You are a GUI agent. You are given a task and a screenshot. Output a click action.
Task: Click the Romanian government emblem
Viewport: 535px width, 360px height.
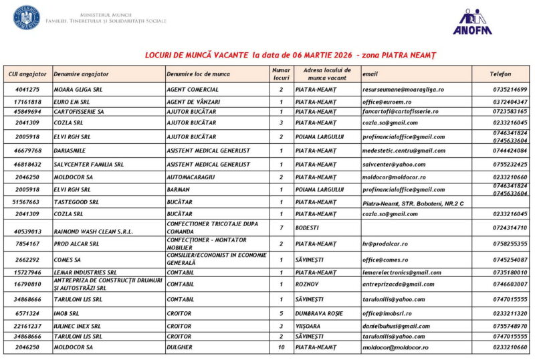click(x=27, y=17)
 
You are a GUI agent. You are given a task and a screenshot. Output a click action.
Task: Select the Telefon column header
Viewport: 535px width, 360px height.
click(x=500, y=74)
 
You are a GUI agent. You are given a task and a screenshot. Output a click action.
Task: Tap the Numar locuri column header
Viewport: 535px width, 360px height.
click(x=281, y=74)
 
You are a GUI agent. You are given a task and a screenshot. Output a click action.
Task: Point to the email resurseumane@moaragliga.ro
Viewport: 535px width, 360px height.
click(x=403, y=89)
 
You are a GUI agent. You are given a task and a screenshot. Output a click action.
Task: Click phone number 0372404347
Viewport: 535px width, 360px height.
click(x=510, y=102)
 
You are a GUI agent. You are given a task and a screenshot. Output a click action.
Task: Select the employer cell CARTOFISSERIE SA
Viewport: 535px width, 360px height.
click(x=79, y=112)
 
